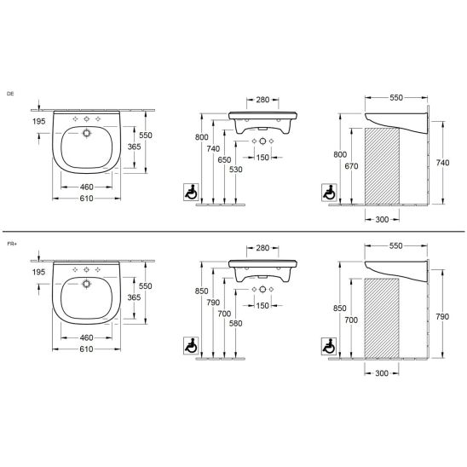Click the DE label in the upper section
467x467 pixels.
pyautogui.click(x=10, y=94)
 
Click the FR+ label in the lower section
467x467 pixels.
pyautogui.click(x=11, y=244)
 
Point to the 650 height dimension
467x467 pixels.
pyautogui.click(x=224, y=160)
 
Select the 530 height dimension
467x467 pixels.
pyautogui.click(x=236, y=170)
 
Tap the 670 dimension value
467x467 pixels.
pyautogui.click(x=351, y=166)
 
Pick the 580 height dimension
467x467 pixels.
pyautogui.click(x=235, y=324)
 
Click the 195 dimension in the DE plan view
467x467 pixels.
pyautogui.click(x=39, y=121)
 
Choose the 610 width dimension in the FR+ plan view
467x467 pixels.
pyautogui.click(x=86, y=349)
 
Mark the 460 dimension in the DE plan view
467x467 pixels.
pyautogui.click(x=87, y=187)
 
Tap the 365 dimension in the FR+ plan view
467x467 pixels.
pyautogui.click(x=134, y=297)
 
